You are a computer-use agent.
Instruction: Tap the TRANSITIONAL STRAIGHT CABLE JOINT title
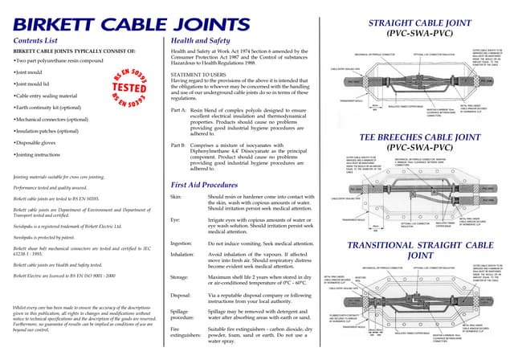(x=423, y=250)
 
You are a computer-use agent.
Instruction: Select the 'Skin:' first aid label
(x=177, y=196)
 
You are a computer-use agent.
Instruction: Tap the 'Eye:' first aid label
(x=176, y=219)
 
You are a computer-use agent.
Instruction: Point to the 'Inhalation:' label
(x=182, y=254)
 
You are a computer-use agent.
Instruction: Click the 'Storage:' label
(x=180, y=277)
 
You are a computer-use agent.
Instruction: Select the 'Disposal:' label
(x=181, y=295)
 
